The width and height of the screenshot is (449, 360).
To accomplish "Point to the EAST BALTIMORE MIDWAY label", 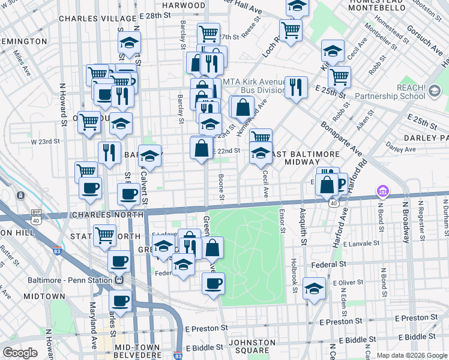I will coord(294,158).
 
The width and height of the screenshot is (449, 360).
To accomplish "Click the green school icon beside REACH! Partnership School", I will coord(435,92).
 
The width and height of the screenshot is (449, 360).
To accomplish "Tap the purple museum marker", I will coord(382,192).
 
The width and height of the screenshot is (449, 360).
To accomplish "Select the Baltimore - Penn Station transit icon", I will coord(119,280).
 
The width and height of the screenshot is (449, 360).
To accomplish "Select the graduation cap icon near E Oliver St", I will coord(314,289).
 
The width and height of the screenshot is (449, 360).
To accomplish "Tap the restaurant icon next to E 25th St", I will coord(296,87).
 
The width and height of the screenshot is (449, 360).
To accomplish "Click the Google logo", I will coord(20,352).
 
